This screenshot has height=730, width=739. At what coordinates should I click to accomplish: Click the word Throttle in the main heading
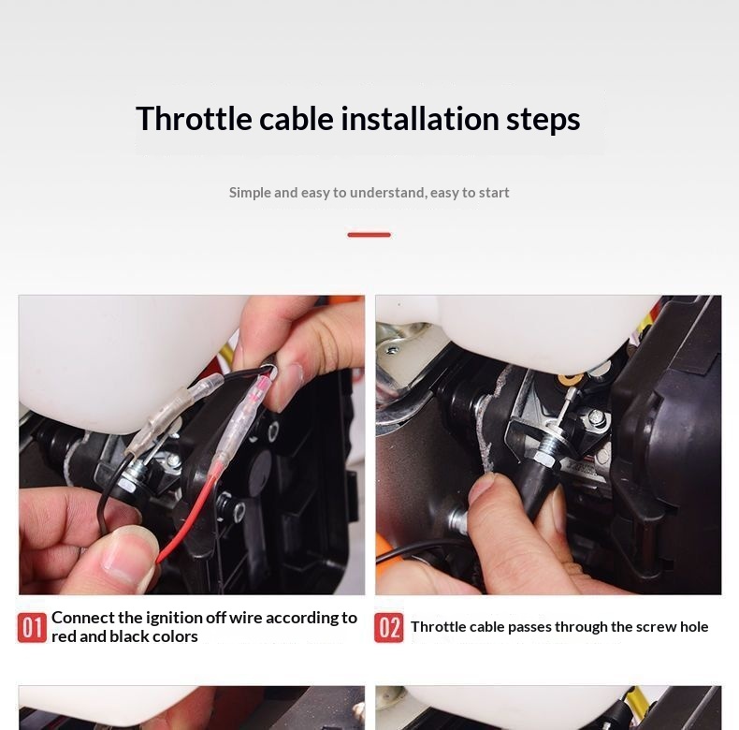[x=194, y=118]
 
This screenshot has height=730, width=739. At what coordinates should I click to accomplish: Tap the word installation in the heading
[x=419, y=118]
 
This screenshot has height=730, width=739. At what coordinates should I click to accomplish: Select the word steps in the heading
[x=543, y=120]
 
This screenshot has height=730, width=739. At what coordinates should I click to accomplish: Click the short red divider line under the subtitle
[x=369, y=235]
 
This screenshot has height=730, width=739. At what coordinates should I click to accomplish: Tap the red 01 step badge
[x=32, y=628]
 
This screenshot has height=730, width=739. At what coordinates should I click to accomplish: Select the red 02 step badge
[x=389, y=628]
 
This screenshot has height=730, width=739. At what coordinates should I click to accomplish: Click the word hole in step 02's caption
[x=694, y=627]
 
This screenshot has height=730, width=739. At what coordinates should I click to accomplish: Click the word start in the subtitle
[x=494, y=193]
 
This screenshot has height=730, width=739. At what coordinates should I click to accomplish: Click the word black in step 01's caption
[x=128, y=636]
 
